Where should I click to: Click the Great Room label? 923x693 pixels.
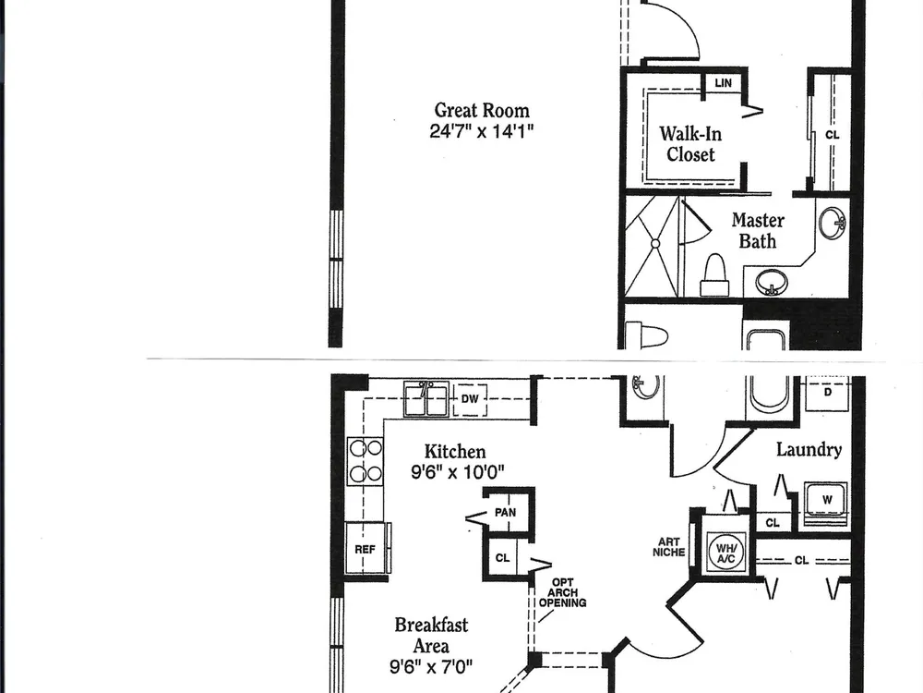pos(482,110)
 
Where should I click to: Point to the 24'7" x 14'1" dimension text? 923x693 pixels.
pos(482,131)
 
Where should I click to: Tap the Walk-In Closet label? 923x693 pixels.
pos(690,144)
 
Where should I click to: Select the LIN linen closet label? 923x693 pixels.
pos(723,83)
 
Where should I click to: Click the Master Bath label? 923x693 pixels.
pos(758,230)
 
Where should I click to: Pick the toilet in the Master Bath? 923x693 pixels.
pos(714,275)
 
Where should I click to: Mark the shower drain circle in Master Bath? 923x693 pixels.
pos(655,243)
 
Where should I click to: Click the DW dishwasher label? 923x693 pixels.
pos(470,399)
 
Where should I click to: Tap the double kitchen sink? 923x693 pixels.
pos(426,399)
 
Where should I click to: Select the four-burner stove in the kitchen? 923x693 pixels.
pos(365,461)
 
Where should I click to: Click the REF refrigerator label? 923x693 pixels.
pos(365,549)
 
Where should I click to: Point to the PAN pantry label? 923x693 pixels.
pos(505,513)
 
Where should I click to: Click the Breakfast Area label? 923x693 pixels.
pos(431,636)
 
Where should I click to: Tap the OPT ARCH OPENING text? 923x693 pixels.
pos(563,593)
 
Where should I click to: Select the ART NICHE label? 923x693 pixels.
pos(668,547)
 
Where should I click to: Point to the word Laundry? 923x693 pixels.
pos(809,450)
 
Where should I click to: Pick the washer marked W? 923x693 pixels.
pos(826,501)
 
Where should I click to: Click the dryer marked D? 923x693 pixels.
pos(828,393)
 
